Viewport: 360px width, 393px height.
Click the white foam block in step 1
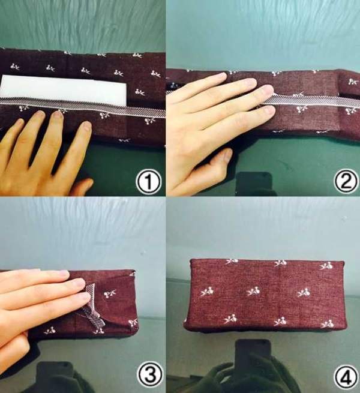(64, 90)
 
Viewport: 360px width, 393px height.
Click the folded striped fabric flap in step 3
(94, 306)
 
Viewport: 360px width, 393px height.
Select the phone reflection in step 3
(55, 376)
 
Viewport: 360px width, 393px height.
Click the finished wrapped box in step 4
(265, 296)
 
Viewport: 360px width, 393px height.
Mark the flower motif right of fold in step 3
(110, 293)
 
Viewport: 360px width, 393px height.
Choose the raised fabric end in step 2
(349, 83)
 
